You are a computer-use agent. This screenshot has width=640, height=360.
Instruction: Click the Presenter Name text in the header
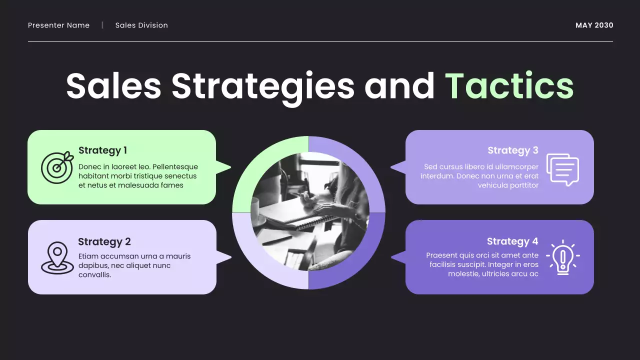(x=59, y=25)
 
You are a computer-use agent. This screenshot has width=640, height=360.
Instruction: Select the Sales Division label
(x=141, y=25)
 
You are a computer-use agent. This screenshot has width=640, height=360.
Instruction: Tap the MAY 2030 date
(x=594, y=25)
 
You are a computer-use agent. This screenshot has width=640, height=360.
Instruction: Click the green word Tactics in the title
(x=509, y=86)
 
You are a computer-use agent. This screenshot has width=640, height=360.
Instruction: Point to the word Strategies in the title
(x=263, y=86)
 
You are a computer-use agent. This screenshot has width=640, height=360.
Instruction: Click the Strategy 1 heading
(x=102, y=150)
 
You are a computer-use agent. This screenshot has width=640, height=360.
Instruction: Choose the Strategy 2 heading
(x=104, y=242)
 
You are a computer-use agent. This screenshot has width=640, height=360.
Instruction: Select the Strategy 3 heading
(x=512, y=150)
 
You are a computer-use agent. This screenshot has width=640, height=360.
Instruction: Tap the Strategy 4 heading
(x=512, y=242)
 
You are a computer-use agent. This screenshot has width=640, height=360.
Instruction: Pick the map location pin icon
(x=57, y=257)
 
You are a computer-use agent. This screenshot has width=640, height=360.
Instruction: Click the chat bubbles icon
(x=562, y=169)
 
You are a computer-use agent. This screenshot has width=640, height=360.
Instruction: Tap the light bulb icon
(x=563, y=257)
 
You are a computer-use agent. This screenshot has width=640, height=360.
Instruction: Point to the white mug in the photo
(x=255, y=209)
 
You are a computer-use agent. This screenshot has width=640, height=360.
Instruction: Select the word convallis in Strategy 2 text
(x=94, y=275)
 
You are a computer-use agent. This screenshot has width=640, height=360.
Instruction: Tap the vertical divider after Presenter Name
(x=102, y=25)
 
